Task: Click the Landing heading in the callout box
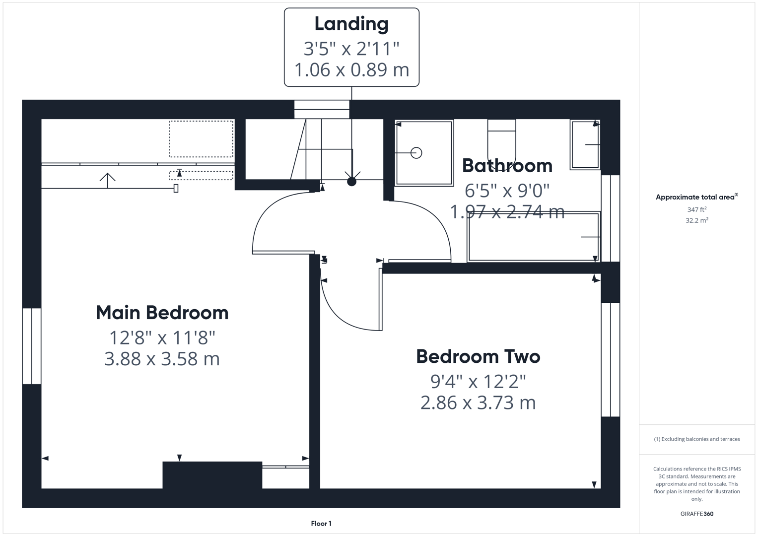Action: pos(351,24)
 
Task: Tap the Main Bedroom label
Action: pos(162,313)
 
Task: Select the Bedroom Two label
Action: pos(478,356)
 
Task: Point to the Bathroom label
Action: pos(507,166)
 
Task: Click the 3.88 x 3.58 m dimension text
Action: pos(162,358)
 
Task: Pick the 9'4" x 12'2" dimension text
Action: pos(478,381)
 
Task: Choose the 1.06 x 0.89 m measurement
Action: pos(351,69)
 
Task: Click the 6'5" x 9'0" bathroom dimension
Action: pos(507,190)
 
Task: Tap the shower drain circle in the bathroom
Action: pos(416,153)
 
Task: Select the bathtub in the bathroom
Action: pos(533,237)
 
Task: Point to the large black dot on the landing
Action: pos(351,182)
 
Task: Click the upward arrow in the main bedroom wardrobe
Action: pos(107,180)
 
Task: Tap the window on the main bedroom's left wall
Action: pos(32,346)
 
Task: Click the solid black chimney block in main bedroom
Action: pos(212,475)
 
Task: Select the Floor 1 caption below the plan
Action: pos(321,524)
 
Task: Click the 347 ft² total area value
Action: pos(696,210)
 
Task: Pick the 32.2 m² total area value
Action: pos(696,220)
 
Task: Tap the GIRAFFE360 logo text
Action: pos(696,514)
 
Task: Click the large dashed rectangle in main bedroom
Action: pos(201,139)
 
